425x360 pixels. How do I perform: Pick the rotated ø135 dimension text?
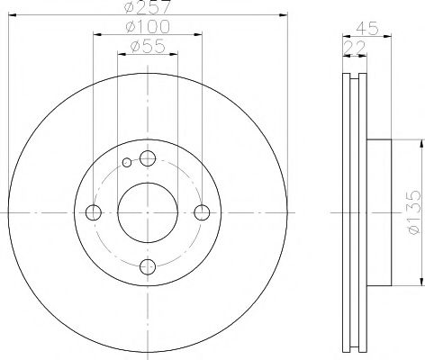[412, 213]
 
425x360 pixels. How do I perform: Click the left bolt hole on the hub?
[93, 212]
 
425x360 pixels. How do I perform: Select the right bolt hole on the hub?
[202, 212]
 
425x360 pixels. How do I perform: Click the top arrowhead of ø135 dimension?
[420, 144]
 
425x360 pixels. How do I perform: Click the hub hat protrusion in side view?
[381, 213]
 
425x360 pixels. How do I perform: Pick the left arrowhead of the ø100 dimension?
[95, 36]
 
